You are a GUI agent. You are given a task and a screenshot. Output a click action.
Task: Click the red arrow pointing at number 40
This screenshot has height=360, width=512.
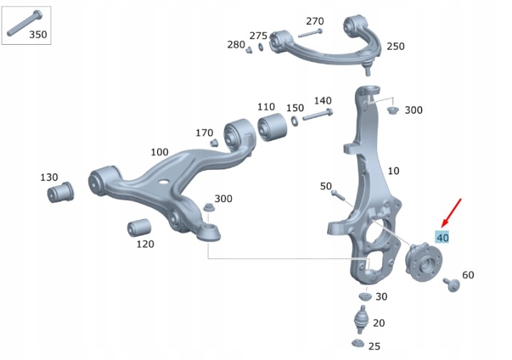[x=451, y=213]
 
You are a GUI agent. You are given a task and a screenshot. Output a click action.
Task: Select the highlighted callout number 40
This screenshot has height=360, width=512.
[x=442, y=237]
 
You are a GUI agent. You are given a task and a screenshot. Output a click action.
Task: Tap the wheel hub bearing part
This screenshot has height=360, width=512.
[x=424, y=262]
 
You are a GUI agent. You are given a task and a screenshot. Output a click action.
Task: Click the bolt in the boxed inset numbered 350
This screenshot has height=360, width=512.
[x=24, y=23]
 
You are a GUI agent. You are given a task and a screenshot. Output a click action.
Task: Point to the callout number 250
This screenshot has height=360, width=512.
[x=395, y=46]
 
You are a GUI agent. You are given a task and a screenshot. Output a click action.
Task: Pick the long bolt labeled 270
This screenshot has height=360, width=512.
[x=310, y=33]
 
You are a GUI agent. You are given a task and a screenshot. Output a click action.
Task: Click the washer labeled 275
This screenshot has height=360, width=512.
[x=261, y=46]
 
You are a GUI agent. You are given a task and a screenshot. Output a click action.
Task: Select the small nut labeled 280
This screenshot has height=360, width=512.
[x=249, y=50]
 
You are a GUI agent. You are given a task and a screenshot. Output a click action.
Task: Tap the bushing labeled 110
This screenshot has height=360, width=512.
[x=272, y=127]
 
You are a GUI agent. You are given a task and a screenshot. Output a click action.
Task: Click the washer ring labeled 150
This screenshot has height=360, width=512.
[x=294, y=121]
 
